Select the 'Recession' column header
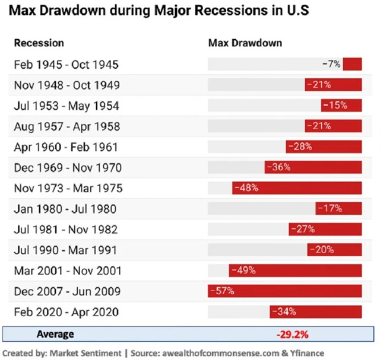pyautogui.click(x=39, y=43)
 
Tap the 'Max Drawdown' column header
pyautogui.click(x=245, y=43)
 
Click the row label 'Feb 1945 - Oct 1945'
pyautogui.click(x=66, y=64)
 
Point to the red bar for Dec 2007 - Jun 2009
pyautogui.click(x=285, y=291)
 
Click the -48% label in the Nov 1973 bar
pyautogui.click(x=245, y=188)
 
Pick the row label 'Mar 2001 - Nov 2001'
pyautogui.click(x=68, y=270)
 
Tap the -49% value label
pyautogui.click(x=243, y=270)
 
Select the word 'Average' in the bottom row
pyautogui.click(x=56, y=334)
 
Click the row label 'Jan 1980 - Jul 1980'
pyautogui.click(x=65, y=209)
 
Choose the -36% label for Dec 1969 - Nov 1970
pyautogui.click(x=278, y=167)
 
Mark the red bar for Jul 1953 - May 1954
pyautogui.click(x=341, y=106)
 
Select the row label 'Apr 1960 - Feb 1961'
pyautogui.click(x=66, y=146)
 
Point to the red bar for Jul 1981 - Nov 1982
pyautogui.click(x=325, y=230)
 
